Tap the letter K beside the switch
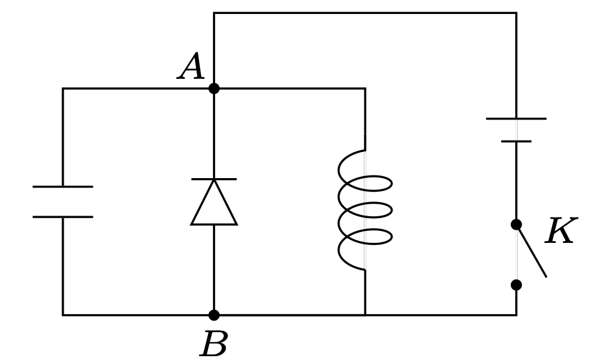(561, 232)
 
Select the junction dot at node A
(214, 88)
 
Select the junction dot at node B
(214, 315)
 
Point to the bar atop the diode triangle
(214, 179)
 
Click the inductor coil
(365, 210)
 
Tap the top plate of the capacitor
(62, 186)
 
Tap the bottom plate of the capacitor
(62, 217)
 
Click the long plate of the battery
(516, 118)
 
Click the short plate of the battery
(516, 141)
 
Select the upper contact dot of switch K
(516, 225)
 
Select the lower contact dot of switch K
(516, 285)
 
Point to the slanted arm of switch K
(532, 253)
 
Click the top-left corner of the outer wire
(214, 13)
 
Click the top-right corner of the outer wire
(516, 13)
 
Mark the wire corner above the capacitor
(62, 88)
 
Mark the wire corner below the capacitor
(62, 315)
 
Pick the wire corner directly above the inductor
(365, 88)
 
